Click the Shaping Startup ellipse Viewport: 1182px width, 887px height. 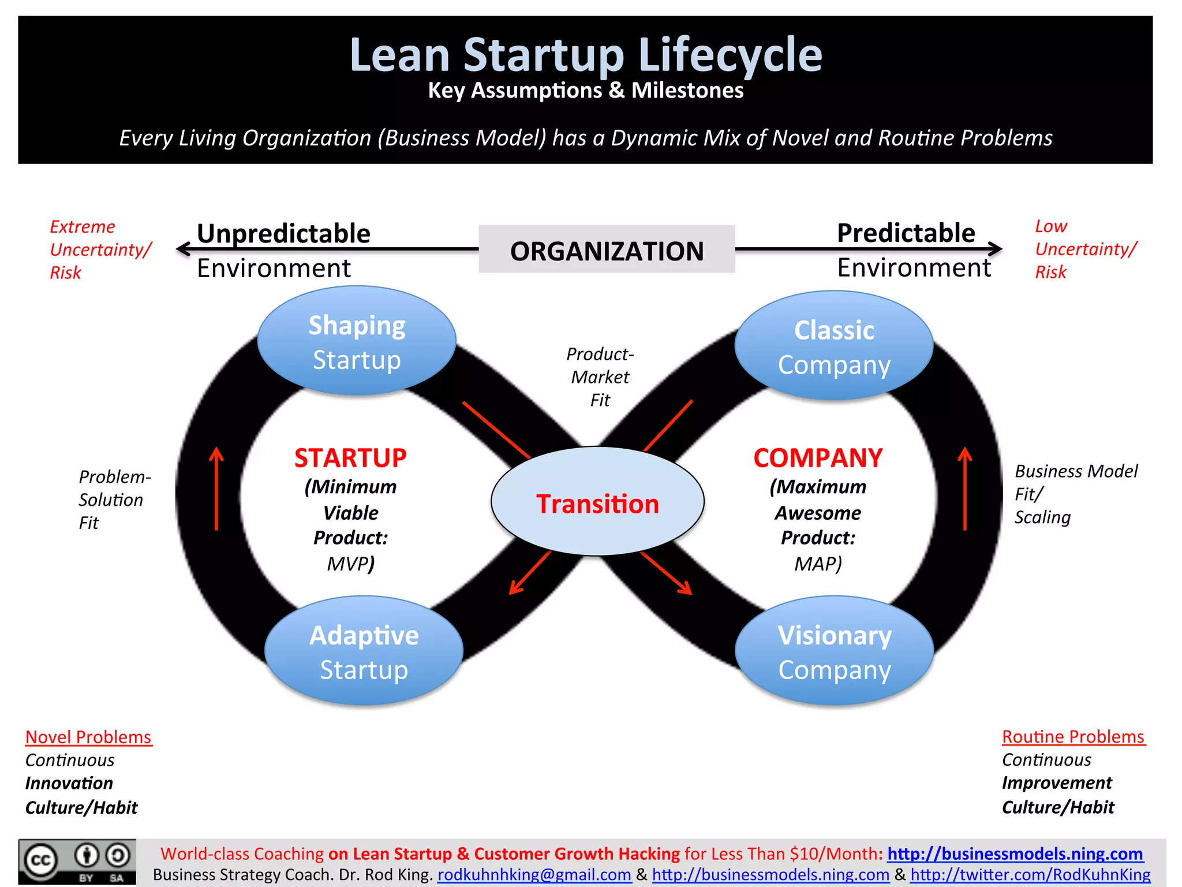(357, 341)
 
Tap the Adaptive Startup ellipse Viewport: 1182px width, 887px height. (364, 651)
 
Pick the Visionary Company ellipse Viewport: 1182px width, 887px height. (835, 651)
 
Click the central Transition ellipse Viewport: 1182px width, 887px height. (597, 502)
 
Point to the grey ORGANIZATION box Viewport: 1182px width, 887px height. (607, 249)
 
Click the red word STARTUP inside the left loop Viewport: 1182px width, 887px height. (350, 458)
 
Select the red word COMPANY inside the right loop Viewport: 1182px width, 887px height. (818, 458)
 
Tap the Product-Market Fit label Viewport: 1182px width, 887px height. (600, 377)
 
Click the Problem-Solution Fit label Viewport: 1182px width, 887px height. (114, 500)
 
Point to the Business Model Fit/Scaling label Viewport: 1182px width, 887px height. (1075, 494)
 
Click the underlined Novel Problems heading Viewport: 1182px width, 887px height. (88, 737)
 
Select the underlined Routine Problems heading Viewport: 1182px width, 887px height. (1073, 737)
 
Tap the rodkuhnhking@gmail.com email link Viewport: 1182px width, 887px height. (534, 875)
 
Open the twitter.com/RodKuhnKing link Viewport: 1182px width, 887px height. (1030, 875)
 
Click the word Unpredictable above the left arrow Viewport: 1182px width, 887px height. (283, 233)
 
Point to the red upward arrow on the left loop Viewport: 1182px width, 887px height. (216, 489)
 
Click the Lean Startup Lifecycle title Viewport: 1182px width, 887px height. (586, 55)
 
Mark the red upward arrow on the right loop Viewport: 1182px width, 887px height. (965, 489)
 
